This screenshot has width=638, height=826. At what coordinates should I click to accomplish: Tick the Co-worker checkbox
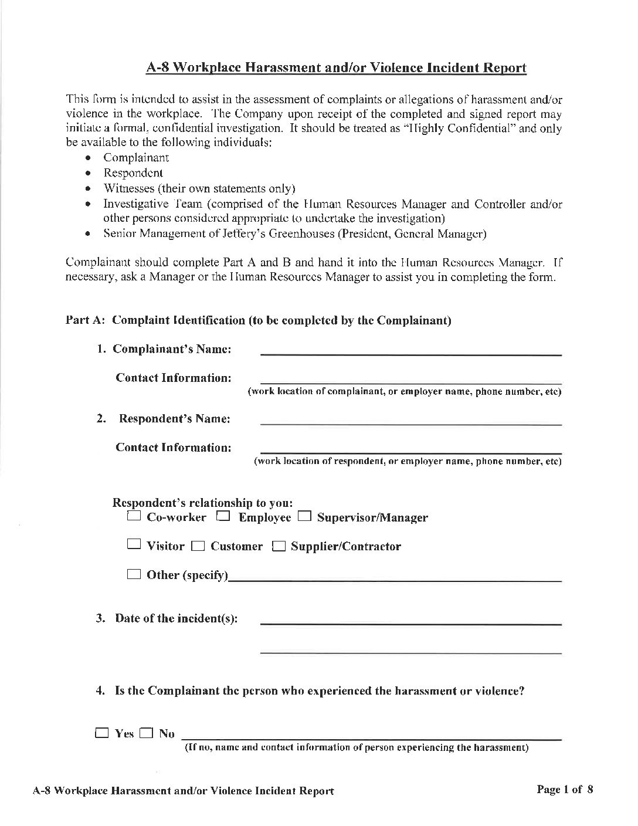(134, 517)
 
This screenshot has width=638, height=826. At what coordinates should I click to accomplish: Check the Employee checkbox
(223, 517)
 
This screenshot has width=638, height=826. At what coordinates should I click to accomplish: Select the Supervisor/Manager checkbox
(304, 517)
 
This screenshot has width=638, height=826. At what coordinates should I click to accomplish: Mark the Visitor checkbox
(134, 545)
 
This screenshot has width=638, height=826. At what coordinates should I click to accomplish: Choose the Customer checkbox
(199, 547)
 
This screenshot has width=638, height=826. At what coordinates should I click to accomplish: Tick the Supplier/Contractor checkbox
(279, 547)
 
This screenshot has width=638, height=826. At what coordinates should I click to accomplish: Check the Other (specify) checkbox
(134, 574)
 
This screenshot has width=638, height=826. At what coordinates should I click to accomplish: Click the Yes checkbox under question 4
(103, 733)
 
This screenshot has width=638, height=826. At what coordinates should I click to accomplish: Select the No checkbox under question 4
(147, 733)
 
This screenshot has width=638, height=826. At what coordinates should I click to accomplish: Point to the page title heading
(336, 68)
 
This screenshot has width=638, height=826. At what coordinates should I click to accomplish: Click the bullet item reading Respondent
(133, 173)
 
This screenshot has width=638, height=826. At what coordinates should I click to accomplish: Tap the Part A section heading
(258, 320)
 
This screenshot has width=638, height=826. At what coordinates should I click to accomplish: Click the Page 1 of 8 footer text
(565, 789)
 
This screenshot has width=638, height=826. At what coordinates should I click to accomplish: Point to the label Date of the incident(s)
(176, 618)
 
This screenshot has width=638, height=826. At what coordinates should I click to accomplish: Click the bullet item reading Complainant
(136, 157)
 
